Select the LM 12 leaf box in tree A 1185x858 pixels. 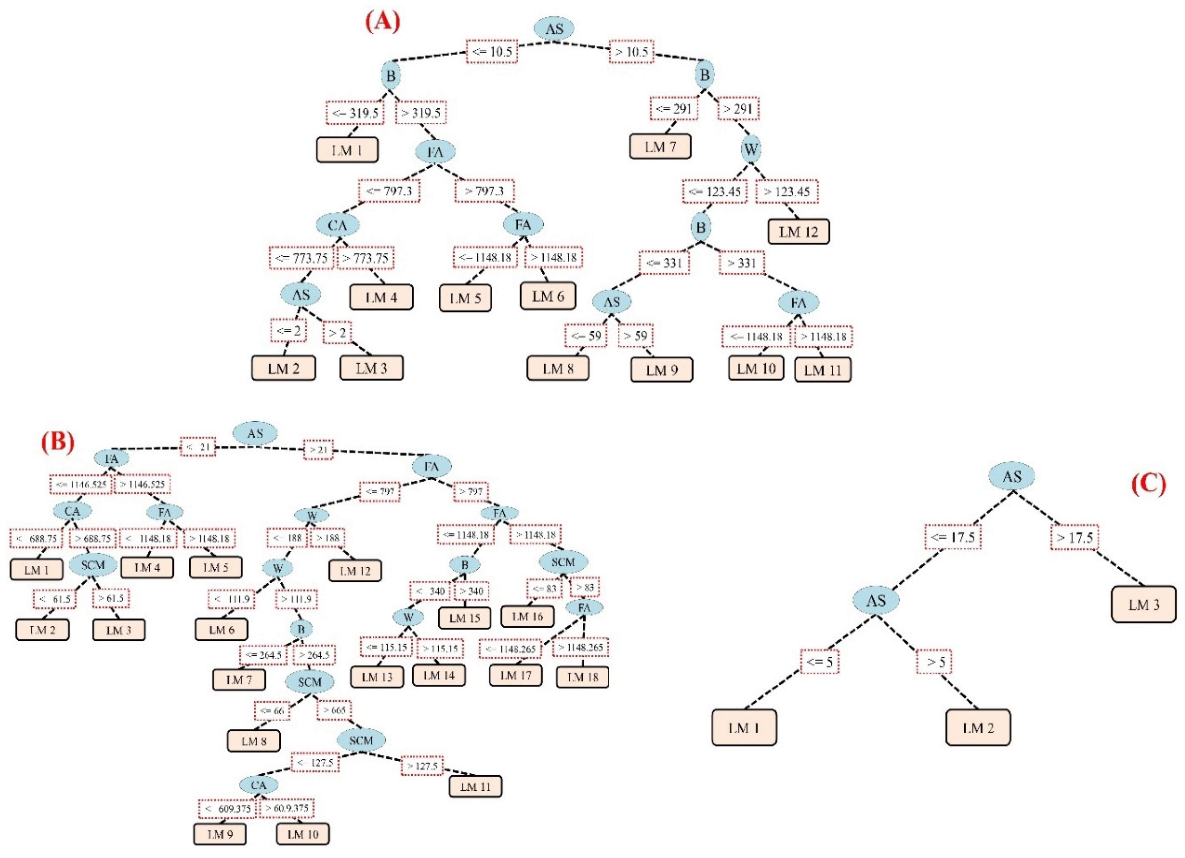pyautogui.click(x=798, y=232)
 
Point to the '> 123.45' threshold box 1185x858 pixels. pyautogui.click(x=786, y=191)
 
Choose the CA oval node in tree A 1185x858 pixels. pyautogui.click(x=338, y=225)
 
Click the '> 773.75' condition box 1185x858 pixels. pyautogui.click(x=365, y=258)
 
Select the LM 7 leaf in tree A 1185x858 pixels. pyautogui.click(x=660, y=147)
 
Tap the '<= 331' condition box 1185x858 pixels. pyautogui.click(x=664, y=263)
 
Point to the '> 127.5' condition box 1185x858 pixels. pyautogui.click(x=422, y=766)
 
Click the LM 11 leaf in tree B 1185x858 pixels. pyautogui.click(x=475, y=786)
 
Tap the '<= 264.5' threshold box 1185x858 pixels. pyautogui.click(x=263, y=655)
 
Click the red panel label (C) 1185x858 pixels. pyautogui.click(x=1148, y=485)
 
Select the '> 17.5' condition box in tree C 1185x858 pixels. pyautogui.click(x=1074, y=538)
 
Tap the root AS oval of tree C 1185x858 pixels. pyautogui.click(x=1011, y=476)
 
